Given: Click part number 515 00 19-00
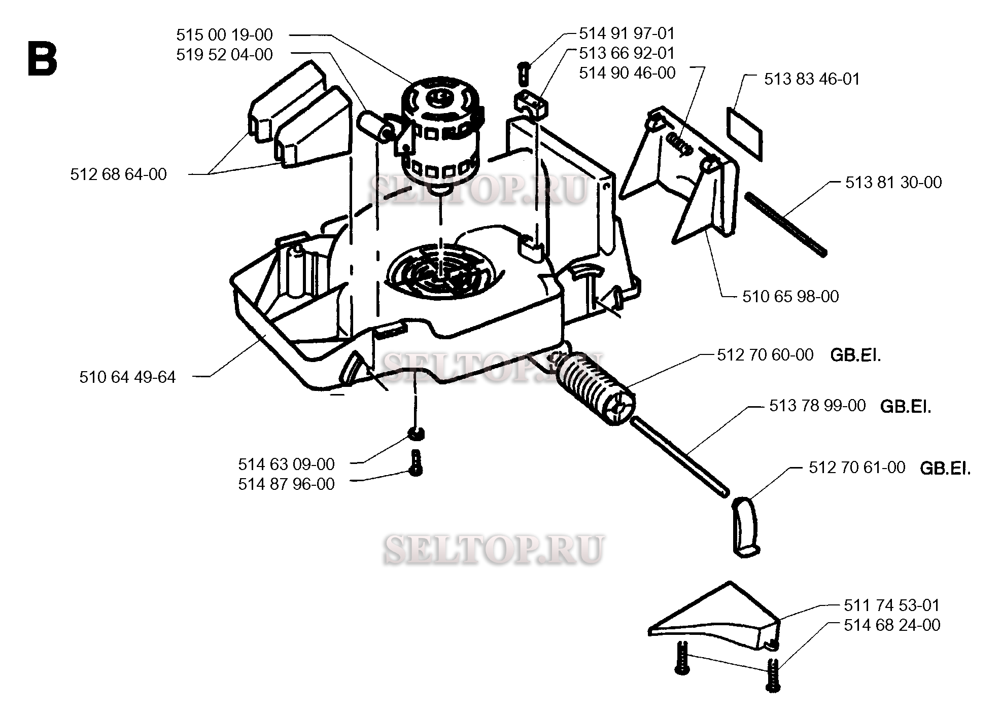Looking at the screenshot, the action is coord(224,35).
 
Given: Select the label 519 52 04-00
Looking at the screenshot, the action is coord(224,55).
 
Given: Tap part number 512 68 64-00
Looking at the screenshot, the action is coord(118,174).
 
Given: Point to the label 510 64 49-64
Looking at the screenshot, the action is coord(127,377).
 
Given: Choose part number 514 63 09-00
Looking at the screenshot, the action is coord(286,464).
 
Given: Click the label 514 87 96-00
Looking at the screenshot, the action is coord(286,484).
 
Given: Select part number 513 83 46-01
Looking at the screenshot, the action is coord(812,79).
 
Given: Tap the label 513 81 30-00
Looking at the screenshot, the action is coord(893,183).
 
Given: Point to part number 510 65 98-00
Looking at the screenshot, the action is coord(790,296).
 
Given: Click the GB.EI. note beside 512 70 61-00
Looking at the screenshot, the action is coord(945,469).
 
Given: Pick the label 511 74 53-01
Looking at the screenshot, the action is coord(892,605).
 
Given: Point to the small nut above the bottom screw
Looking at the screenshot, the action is coord(416,434).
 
